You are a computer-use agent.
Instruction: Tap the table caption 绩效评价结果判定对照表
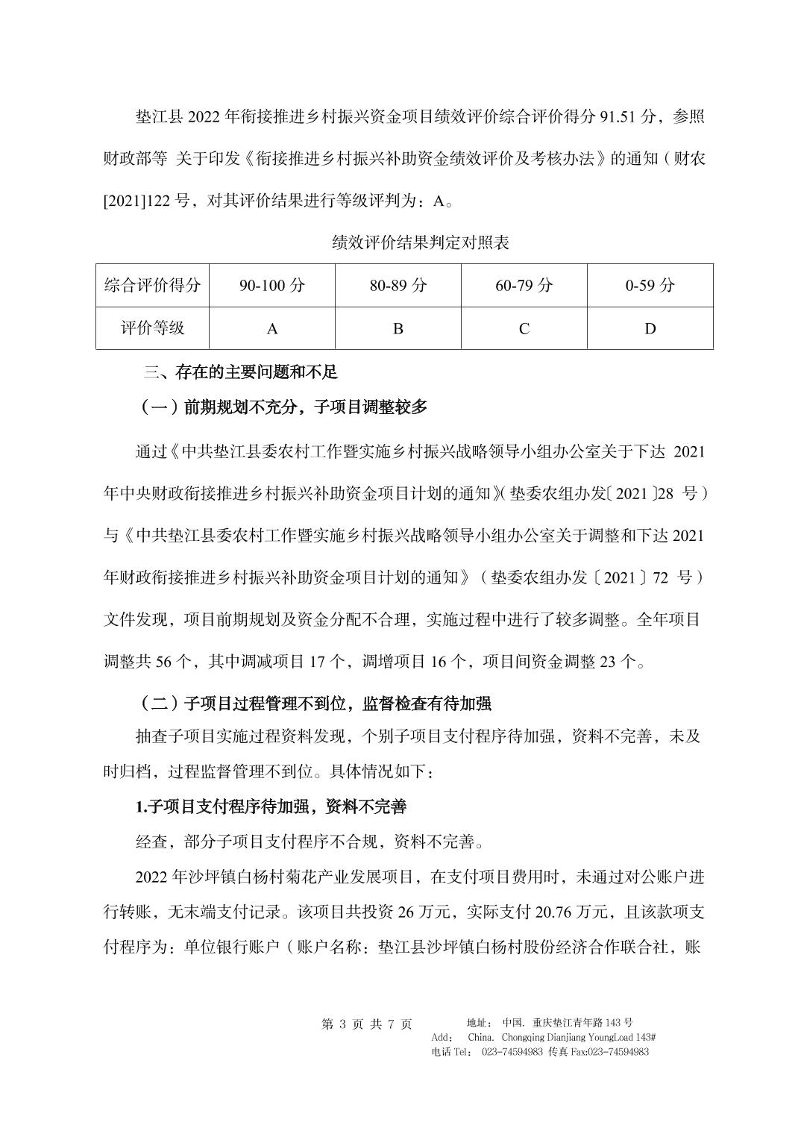tap(421, 242)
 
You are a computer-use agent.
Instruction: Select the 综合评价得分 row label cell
tap(153, 285)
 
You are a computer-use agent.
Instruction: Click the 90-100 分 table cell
tap(272, 285)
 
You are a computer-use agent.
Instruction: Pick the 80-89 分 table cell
tap(398, 285)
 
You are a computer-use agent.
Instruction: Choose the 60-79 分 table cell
tap(524, 285)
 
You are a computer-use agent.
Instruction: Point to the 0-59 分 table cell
tap(650, 285)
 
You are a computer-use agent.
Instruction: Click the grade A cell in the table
tap(272, 328)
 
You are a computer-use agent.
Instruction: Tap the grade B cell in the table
tap(398, 328)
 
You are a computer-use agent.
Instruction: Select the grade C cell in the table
tap(524, 328)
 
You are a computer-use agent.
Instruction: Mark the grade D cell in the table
tap(650, 328)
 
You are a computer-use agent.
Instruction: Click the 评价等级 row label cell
tap(153, 328)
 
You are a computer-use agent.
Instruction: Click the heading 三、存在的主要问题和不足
tap(241, 372)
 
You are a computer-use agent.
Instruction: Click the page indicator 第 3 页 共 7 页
tap(366, 1024)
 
